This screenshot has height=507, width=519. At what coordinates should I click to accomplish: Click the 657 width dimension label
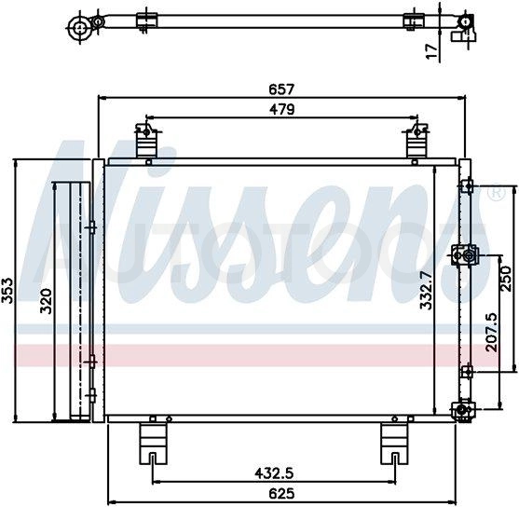click(281, 89)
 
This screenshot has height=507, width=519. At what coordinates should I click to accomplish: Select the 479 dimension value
click(281, 109)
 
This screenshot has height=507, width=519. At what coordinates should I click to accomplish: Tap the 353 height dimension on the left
click(7, 291)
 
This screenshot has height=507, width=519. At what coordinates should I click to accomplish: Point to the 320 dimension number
click(46, 301)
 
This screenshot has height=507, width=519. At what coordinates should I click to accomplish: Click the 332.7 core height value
click(427, 290)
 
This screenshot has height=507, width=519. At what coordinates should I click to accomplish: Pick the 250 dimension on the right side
click(508, 278)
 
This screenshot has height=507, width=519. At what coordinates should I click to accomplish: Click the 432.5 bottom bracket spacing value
click(274, 473)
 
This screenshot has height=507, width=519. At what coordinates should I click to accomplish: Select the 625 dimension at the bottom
click(281, 493)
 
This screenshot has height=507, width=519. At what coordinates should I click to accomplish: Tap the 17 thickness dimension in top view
click(431, 52)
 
